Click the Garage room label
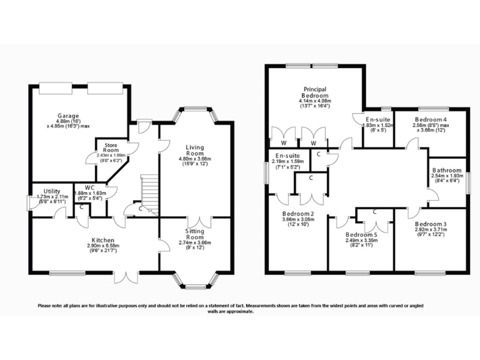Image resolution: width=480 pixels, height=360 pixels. [x=68, y=116]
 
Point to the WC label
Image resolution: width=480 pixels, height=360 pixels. [x=90, y=187]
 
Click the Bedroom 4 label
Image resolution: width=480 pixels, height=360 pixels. [x=431, y=119]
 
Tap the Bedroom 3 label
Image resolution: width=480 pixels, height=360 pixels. [x=431, y=224]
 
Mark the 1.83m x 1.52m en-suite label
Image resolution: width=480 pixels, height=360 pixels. [x=378, y=124]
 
